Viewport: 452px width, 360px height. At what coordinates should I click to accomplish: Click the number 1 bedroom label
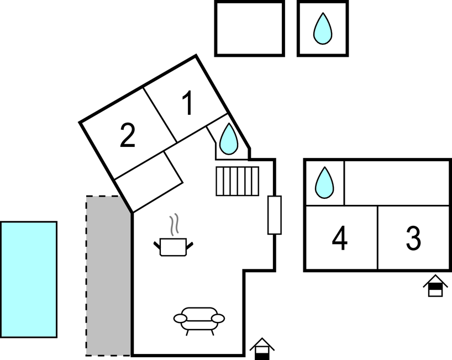188,103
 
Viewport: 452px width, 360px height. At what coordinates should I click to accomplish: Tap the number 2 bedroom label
128,135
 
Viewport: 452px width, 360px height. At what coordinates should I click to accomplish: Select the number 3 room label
414,238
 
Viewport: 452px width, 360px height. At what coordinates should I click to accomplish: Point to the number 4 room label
340,238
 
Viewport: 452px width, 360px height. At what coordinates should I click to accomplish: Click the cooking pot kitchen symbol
174,247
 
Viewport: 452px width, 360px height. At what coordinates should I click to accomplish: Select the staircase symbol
237,181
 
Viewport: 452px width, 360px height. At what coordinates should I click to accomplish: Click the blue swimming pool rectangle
29,279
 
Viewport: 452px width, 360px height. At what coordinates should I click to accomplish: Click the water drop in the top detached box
323,29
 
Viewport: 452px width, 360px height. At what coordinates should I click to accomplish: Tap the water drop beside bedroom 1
229,139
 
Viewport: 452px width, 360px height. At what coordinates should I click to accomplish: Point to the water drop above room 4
324,183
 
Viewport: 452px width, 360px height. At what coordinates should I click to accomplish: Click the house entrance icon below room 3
435,285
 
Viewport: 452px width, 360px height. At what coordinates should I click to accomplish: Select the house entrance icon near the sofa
262,349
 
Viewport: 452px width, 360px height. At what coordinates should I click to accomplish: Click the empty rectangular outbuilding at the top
250,29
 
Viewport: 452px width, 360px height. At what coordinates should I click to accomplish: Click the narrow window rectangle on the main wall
275,215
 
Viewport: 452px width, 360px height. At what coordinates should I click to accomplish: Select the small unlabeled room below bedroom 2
149,182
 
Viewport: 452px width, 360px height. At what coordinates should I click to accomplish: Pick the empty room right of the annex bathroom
397,183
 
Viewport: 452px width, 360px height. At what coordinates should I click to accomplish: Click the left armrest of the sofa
181,319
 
